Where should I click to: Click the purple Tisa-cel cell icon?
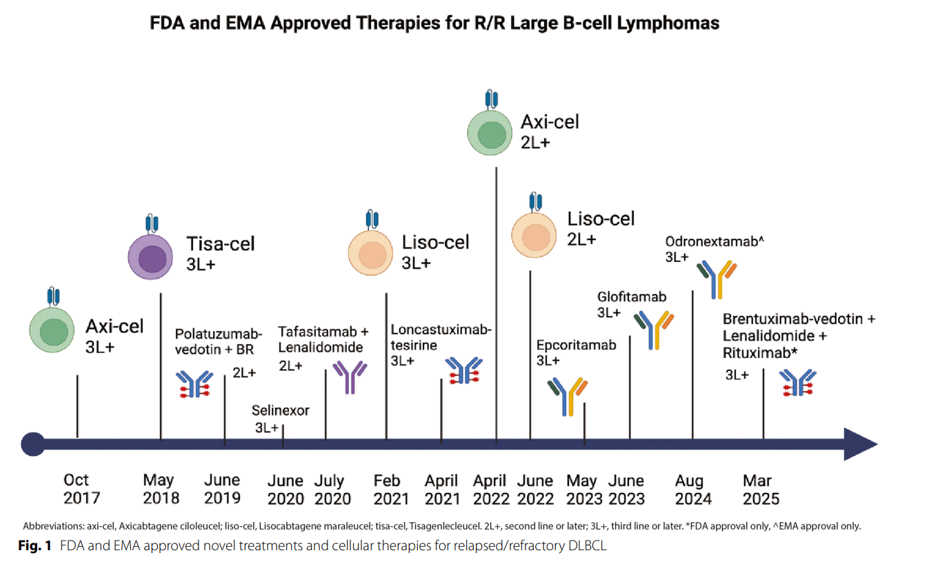150,257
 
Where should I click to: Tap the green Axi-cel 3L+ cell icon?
52,330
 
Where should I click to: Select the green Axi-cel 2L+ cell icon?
490,132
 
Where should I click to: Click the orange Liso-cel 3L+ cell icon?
370,253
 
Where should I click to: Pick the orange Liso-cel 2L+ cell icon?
534,236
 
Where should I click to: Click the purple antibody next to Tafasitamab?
350,377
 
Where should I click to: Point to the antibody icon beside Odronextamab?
717,279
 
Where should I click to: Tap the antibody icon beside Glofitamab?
654,330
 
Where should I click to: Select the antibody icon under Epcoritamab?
568,397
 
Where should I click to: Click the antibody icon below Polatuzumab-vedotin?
194,384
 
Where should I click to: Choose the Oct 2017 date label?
81,489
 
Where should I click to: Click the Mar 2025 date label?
761,490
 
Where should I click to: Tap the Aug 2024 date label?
693,490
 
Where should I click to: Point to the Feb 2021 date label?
391,490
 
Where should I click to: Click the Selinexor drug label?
281,410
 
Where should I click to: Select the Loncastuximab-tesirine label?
441,337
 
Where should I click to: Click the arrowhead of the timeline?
861,444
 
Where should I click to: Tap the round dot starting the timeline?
33,444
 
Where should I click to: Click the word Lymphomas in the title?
668,23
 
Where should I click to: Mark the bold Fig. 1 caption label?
35,546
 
